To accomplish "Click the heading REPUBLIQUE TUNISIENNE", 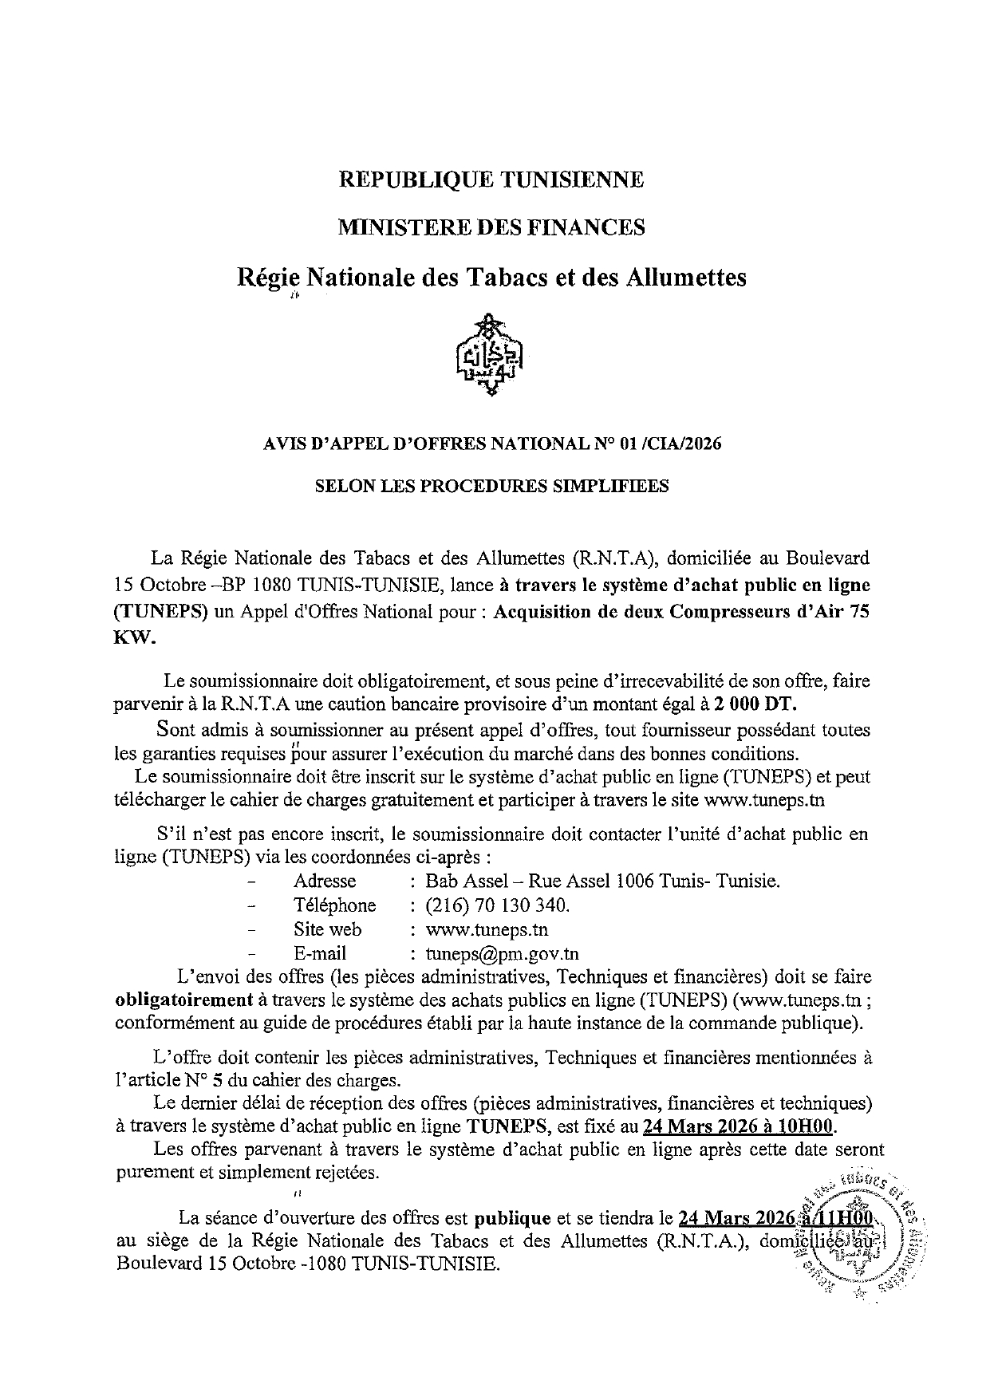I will coord(491,179).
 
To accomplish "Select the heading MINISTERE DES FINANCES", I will coord(491,228).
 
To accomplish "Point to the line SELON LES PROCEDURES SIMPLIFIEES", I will coord(491,486).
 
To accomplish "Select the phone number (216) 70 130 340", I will coord(498,905).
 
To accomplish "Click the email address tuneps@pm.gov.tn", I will coord(503,953).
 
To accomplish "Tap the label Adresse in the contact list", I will coord(325,881).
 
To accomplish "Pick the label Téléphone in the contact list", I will coord(334,905).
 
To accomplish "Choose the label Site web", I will coord(327,929).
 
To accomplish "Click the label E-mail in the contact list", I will coord(320,953).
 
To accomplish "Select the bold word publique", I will coord(513,1218).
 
